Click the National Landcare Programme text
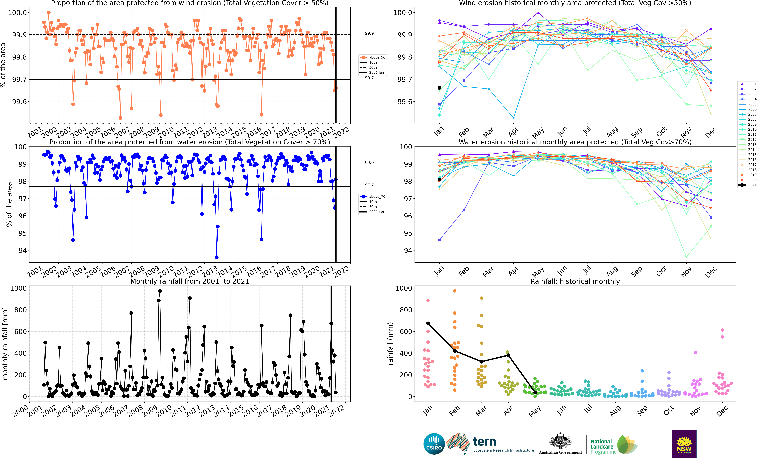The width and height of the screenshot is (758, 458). click(603, 447)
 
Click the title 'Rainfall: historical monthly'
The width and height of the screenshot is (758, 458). click(575, 281)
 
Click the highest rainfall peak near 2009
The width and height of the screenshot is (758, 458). click(160, 291)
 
